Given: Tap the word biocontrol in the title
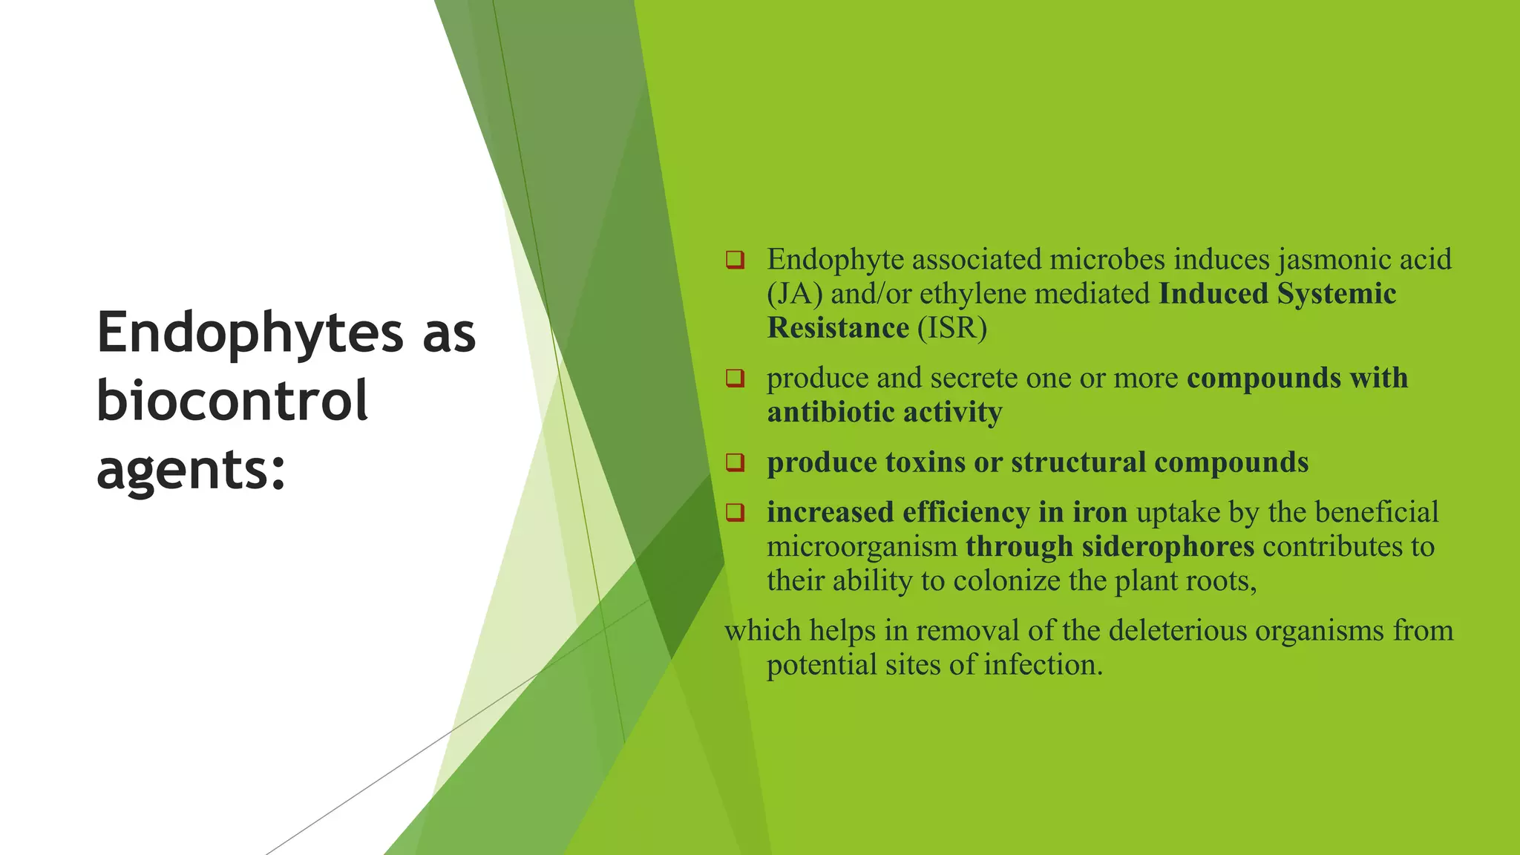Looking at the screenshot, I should [x=232, y=401].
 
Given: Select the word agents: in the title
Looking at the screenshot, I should [x=191, y=469].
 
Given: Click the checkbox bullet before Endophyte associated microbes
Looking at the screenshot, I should [x=735, y=261].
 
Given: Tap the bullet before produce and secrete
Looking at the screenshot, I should [x=735, y=379].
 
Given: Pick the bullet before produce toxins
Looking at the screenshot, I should [x=735, y=462].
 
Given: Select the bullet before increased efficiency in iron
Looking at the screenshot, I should [x=735, y=512].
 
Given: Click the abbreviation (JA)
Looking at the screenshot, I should [x=795, y=294].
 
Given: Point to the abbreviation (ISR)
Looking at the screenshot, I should [x=952, y=328].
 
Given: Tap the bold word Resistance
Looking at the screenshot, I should [x=838, y=328].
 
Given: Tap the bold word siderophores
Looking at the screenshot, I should [x=1167, y=546].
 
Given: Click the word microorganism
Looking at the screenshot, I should [x=862, y=546].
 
